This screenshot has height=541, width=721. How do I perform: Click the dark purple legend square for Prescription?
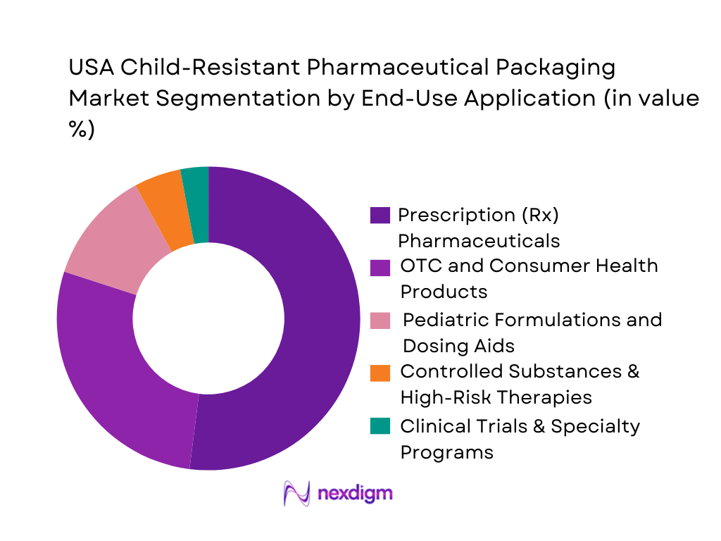point(380,215)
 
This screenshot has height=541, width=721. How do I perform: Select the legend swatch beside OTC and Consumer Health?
point(380,267)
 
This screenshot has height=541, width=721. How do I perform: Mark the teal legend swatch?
point(380,426)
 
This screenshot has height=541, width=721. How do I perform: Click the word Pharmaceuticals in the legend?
point(479,241)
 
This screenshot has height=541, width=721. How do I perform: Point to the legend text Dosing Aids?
point(458,346)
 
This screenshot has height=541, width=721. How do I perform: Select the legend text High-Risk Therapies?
point(496,398)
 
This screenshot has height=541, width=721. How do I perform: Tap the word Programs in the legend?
point(446,452)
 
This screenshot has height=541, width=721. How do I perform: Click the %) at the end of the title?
point(82,130)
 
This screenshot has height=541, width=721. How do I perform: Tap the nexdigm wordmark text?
point(356,492)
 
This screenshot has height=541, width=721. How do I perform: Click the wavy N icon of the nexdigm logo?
point(296,492)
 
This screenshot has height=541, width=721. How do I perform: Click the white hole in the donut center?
point(208,318)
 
